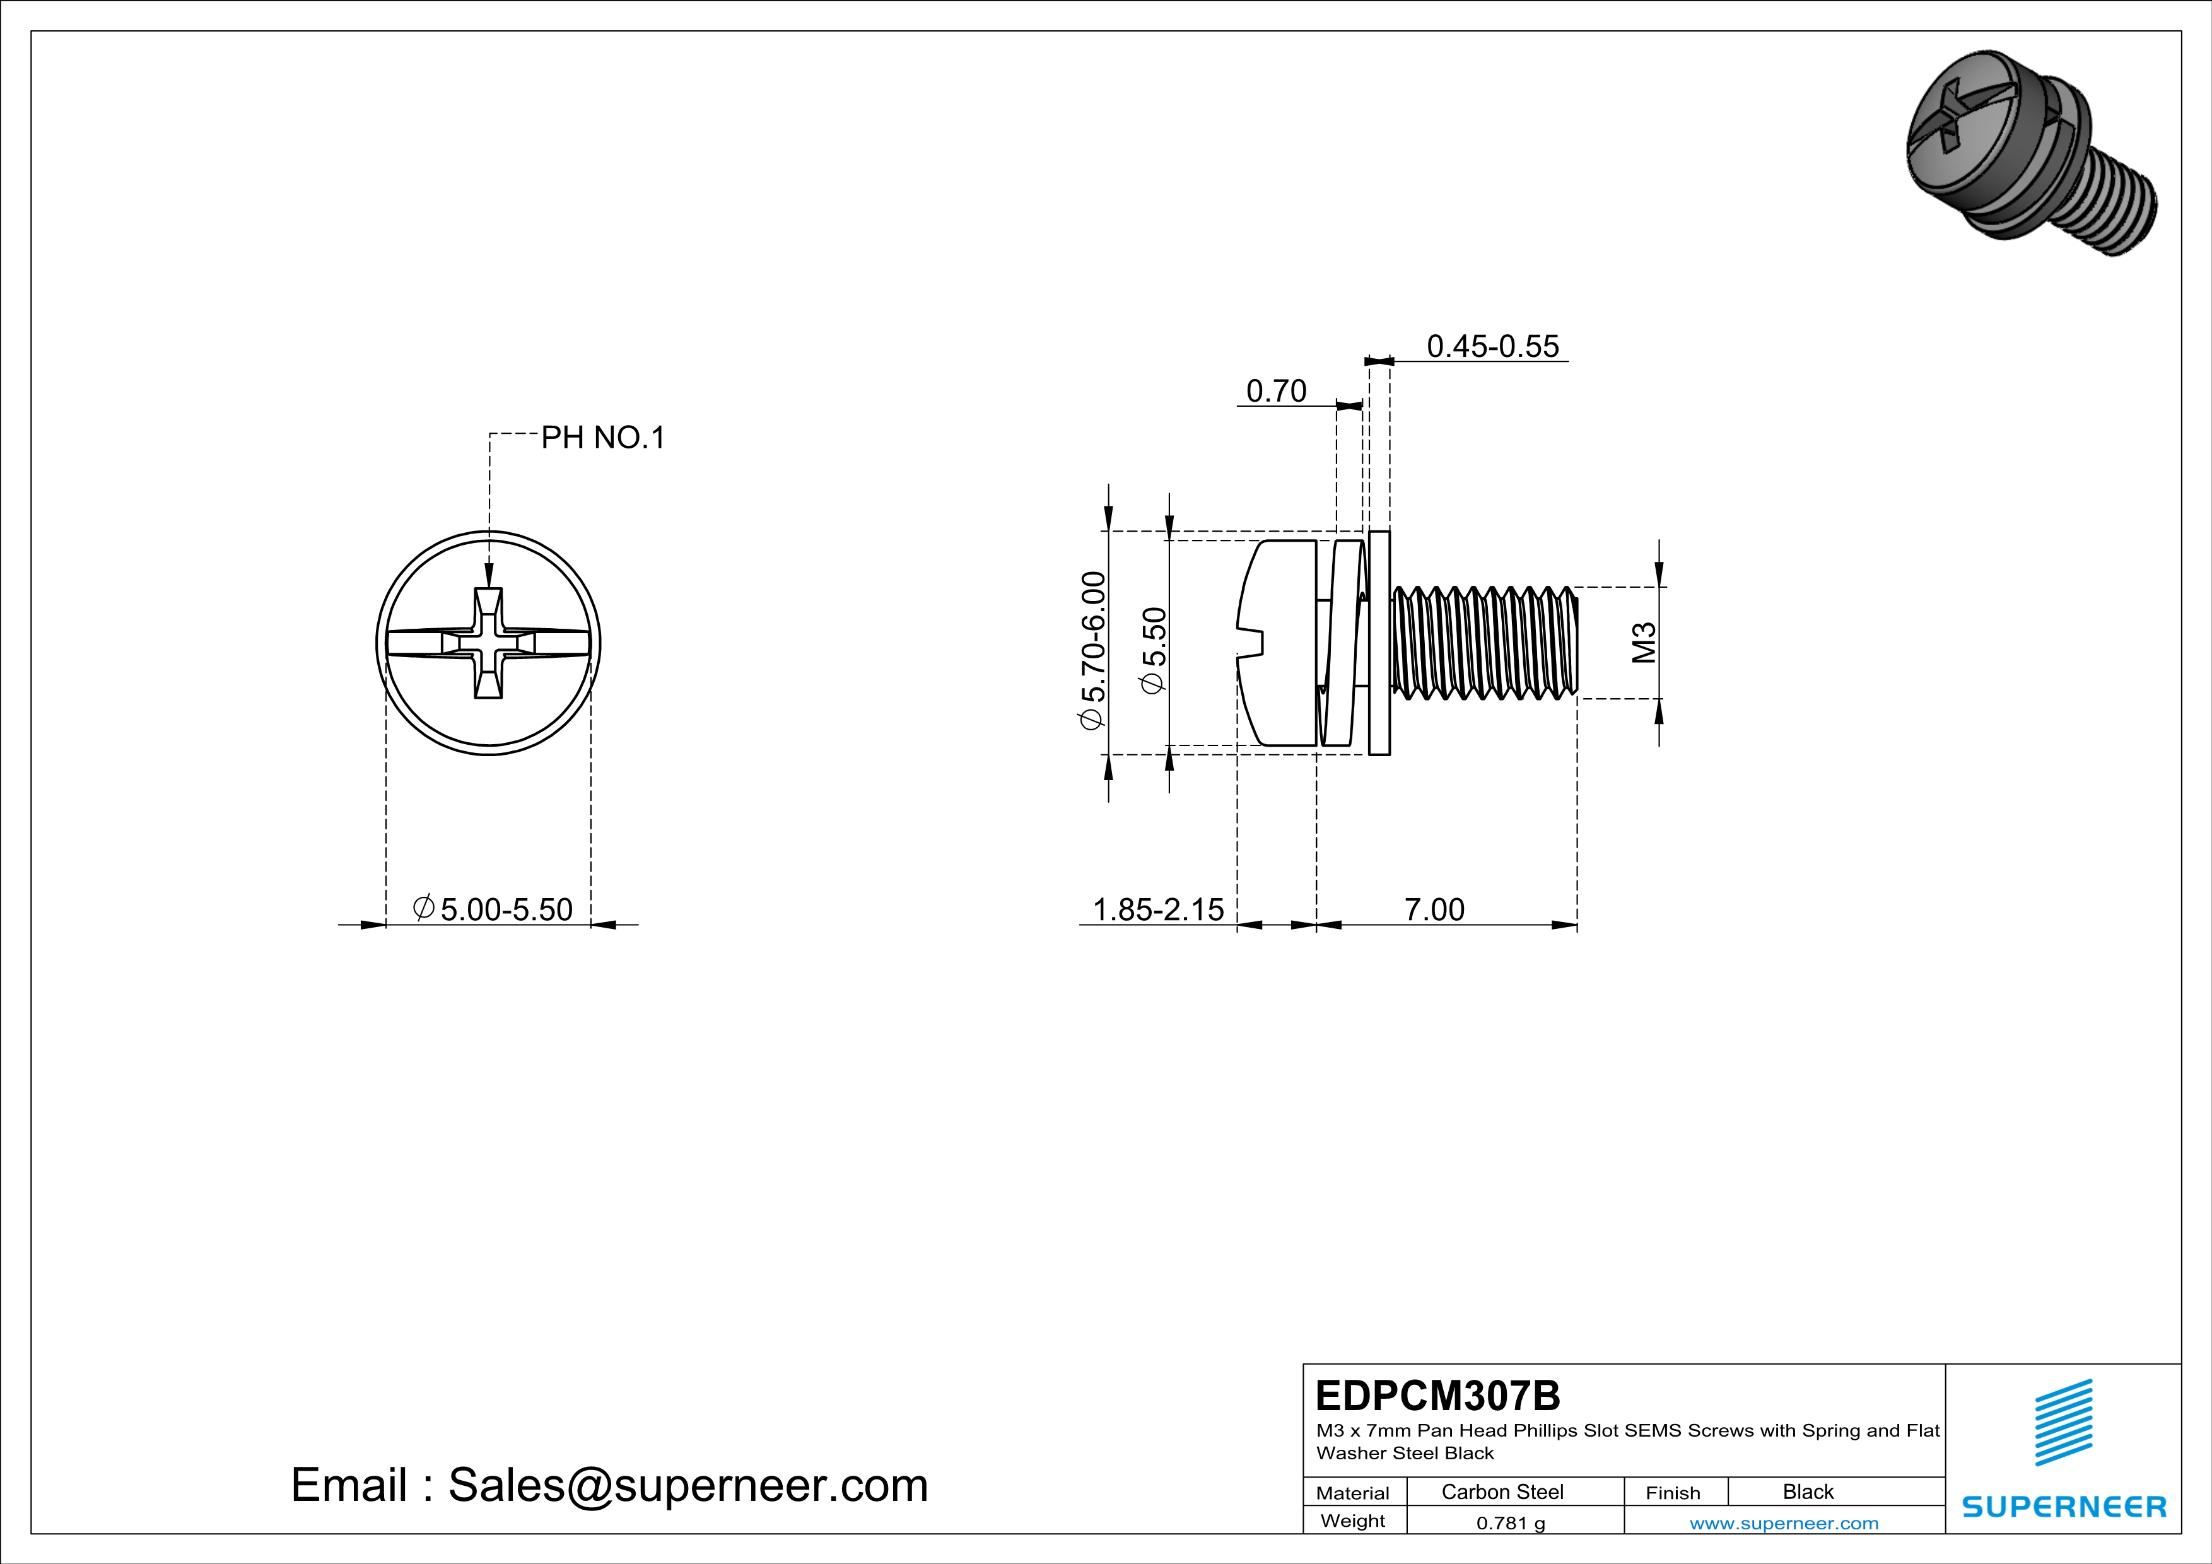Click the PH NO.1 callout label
pos(602,438)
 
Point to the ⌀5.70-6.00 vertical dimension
pos(1092,651)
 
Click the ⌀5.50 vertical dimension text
pos(1153,650)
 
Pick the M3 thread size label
pos(1644,643)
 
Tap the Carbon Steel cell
pos(1502,1491)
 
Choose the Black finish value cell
pos(1807,1491)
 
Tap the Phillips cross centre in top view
pos(488,643)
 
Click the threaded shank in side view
pos(1483,643)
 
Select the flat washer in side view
pos(1379,643)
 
